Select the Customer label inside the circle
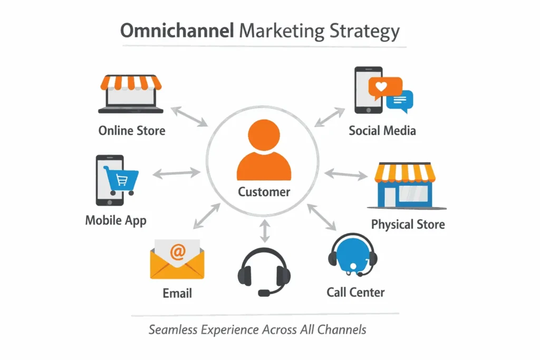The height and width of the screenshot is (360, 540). tap(264, 191)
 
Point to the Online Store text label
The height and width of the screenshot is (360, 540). tap(132, 130)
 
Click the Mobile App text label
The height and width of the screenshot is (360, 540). tap(115, 219)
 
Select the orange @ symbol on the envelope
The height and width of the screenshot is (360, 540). tap(178, 252)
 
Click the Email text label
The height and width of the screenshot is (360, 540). tap(177, 293)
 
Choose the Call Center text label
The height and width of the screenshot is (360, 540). tap(355, 292)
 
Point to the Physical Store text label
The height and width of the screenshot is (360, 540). tap(408, 225)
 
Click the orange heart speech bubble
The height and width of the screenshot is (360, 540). tap(385, 87)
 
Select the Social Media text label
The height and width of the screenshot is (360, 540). tap(382, 130)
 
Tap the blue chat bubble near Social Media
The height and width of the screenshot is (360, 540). tap(400, 100)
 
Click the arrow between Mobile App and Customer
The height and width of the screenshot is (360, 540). tap(176, 172)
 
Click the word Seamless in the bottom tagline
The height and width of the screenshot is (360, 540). tap(173, 330)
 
